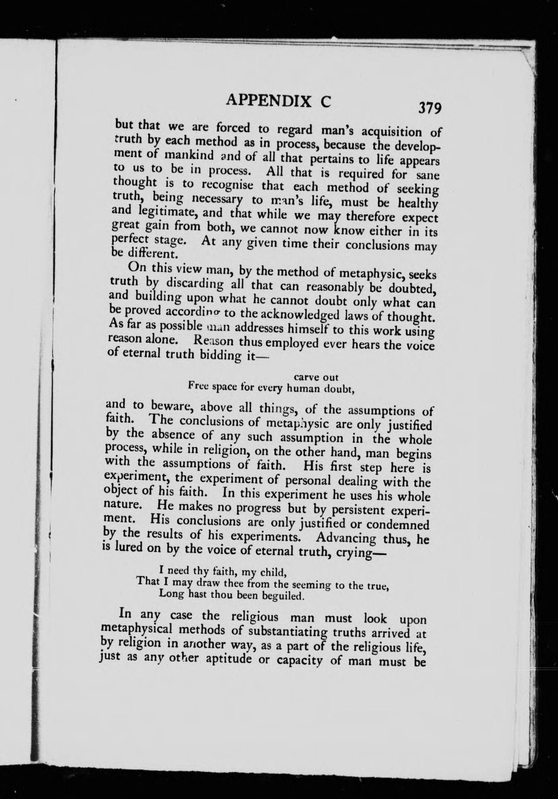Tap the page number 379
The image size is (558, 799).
(x=430, y=108)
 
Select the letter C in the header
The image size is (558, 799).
(x=325, y=101)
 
